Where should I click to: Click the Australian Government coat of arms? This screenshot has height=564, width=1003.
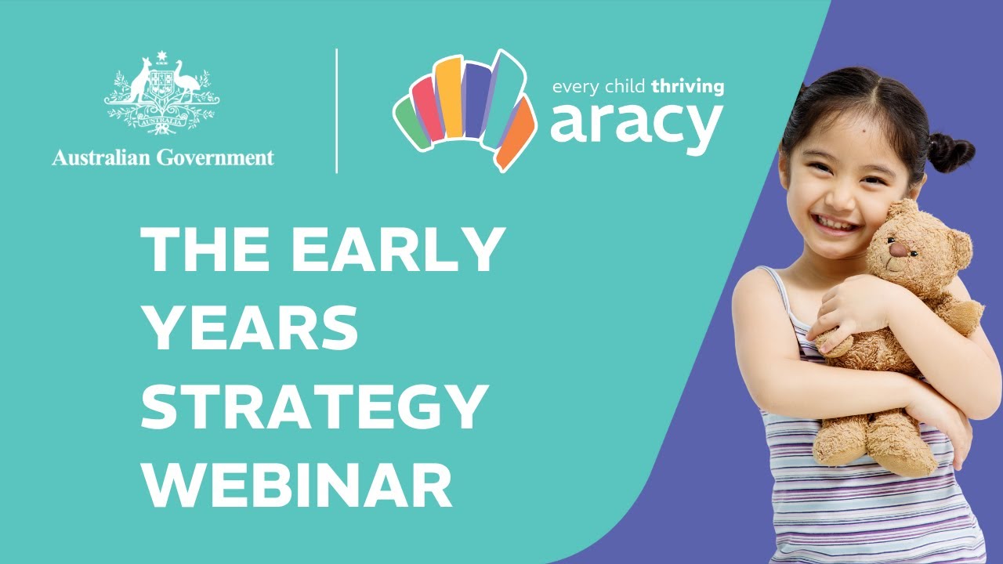click(163, 94)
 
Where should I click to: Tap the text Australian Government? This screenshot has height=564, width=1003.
click(163, 157)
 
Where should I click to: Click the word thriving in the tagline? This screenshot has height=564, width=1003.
click(683, 87)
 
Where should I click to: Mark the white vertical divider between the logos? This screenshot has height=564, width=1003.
click(336, 110)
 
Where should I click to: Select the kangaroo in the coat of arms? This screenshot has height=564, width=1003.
click(140, 82)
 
